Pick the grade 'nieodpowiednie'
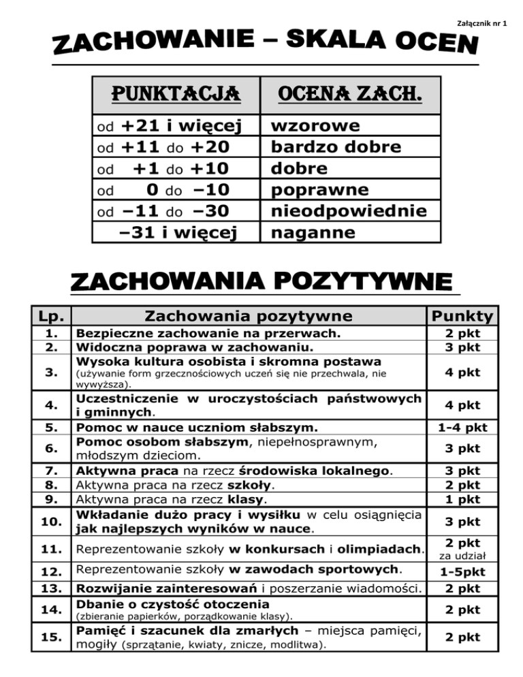[x=349, y=211]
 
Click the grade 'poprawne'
[x=311, y=190]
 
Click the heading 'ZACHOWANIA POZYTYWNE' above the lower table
[x=261, y=282]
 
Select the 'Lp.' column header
[x=47, y=316]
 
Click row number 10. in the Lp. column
[x=47, y=522]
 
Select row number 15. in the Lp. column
[x=47, y=637]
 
